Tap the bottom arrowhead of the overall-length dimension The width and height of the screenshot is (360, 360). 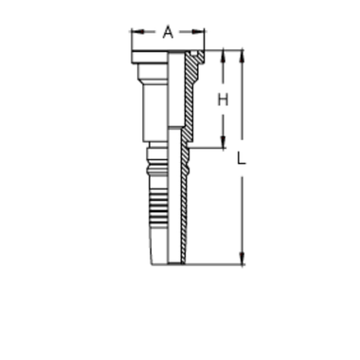243,260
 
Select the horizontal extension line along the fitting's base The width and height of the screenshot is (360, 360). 208,264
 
